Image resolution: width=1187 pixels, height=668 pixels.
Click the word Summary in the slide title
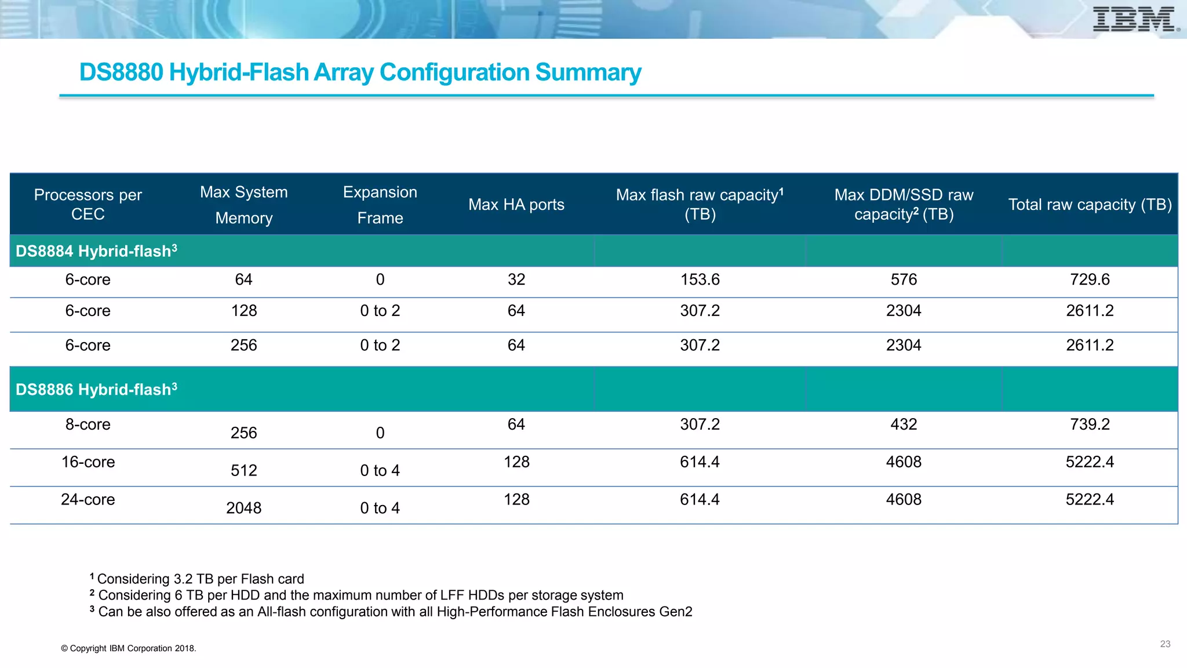coord(588,72)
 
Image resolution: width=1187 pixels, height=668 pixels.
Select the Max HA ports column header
coord(516,205)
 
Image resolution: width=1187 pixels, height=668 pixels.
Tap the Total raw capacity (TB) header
coord(1090,205)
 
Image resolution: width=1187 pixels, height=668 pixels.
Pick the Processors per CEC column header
coord(88,204)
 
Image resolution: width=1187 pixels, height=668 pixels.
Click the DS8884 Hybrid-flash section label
coord(96,251)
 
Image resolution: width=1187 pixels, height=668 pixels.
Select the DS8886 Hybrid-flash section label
coord(96,389)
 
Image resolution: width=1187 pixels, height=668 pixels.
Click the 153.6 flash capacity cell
coord(700,279)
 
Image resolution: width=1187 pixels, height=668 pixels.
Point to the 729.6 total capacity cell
coord(1090,279)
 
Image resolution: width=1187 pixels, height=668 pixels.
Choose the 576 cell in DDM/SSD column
coord(904,279)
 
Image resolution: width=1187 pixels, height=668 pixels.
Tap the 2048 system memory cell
coord(243,508)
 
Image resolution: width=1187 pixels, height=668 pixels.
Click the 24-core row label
coord(88,499)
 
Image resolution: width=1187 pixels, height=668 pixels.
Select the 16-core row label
coord(88,462)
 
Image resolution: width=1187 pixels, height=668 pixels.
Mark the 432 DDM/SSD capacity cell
coord(904,424)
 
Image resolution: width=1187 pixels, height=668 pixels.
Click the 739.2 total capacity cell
coord(1090,424)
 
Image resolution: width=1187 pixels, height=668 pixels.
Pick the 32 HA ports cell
coord(516,279)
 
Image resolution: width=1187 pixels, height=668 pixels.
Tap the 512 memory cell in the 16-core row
coord(243,470)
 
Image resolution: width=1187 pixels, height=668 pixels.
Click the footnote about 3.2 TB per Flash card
coord(200,579)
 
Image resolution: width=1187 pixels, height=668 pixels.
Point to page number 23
coord(1165,644)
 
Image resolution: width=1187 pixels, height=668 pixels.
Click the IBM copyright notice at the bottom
coord(129,648)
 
